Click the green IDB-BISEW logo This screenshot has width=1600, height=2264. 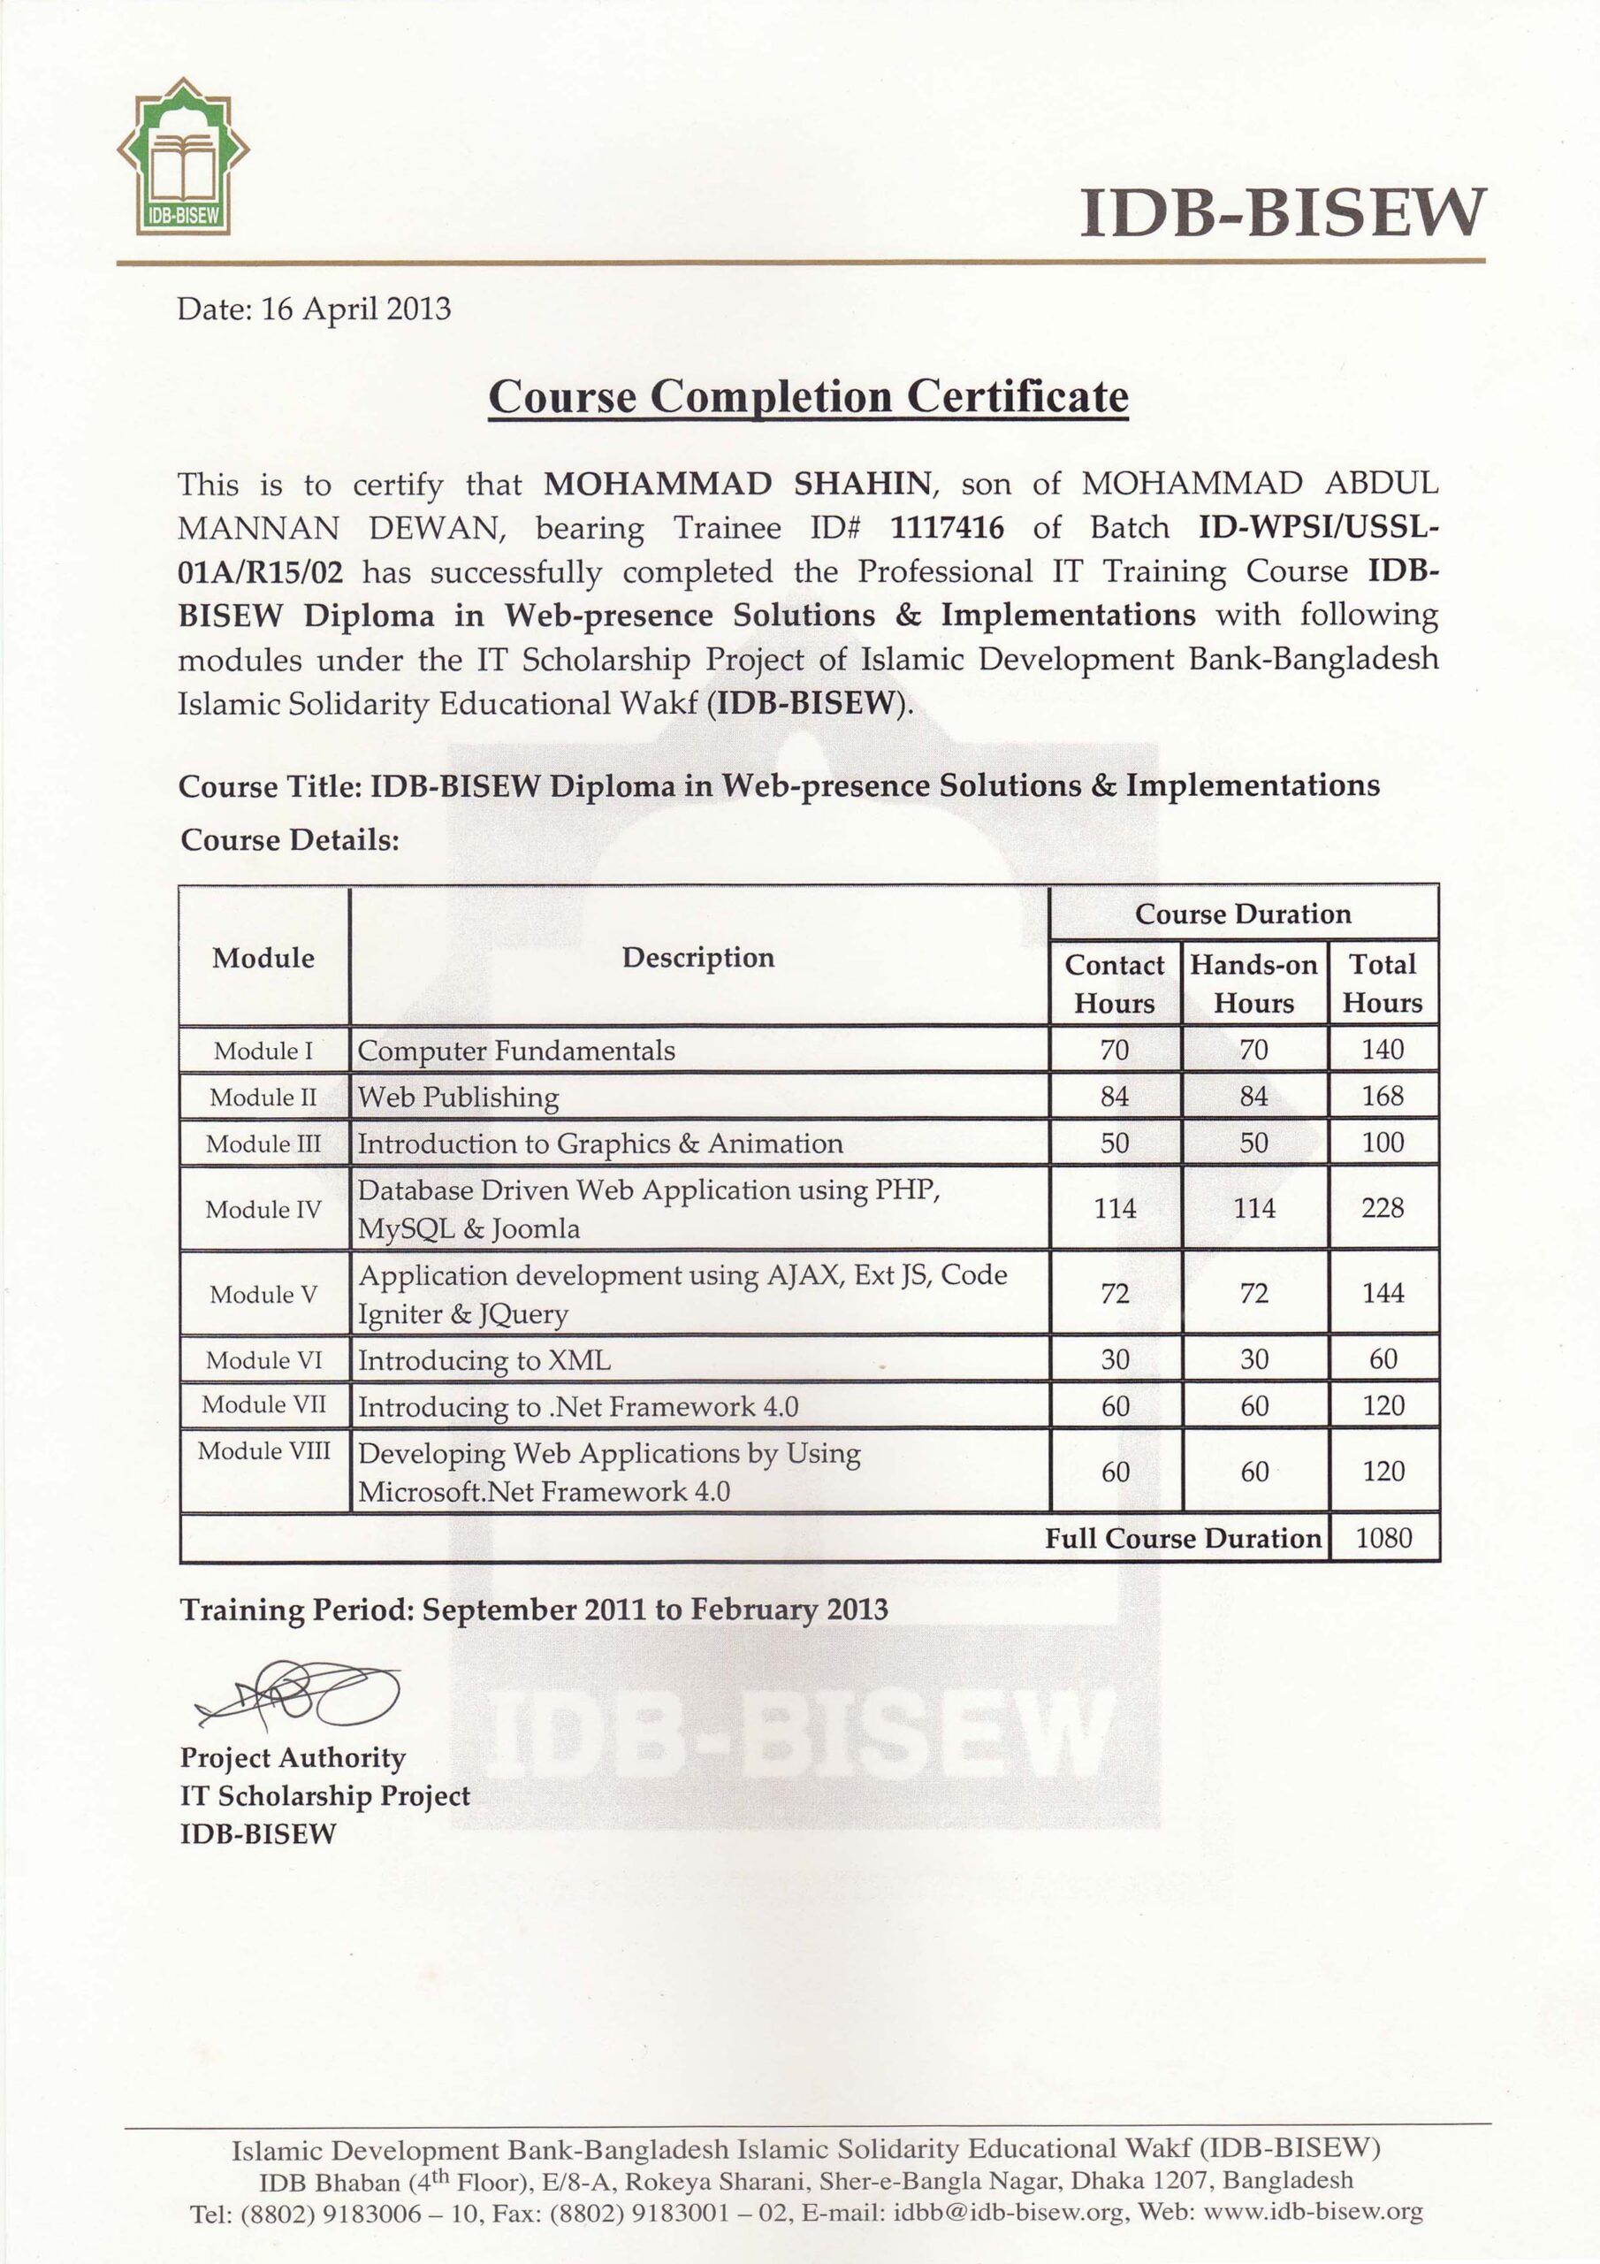tap(183, 157)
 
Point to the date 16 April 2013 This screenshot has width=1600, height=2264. tap(356, 310)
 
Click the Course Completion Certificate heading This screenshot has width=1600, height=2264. tap(807, 396)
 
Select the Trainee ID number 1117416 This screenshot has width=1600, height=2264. tap(947, 529)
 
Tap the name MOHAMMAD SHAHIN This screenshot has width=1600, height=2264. tap(737, 484)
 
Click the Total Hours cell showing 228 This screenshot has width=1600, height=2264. tap(1383, 1208)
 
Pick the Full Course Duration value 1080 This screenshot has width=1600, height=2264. tap(1383, 1538)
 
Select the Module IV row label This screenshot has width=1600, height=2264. tap(263, 1209)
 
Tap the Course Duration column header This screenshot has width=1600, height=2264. tap(1242, 914)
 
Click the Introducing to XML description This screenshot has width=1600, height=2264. tap(484, 1361)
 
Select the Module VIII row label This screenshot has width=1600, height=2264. tap(263, 1451)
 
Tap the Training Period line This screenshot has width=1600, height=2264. tap(533, 1610)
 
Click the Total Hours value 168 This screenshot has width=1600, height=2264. tap(1383, 1097)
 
